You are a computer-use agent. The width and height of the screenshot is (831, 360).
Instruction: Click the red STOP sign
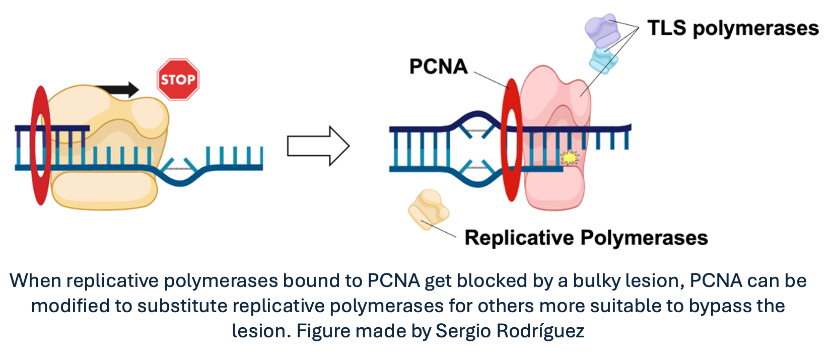point(178,80)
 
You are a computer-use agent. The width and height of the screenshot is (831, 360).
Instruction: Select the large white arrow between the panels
point(318,146)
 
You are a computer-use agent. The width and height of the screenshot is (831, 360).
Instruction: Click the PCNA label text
point(438,66)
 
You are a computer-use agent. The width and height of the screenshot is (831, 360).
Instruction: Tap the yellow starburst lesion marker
point(570,158)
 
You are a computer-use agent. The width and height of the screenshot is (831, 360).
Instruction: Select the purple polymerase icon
point(601,30)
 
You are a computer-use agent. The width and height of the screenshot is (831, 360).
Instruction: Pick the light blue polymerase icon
point(603,59)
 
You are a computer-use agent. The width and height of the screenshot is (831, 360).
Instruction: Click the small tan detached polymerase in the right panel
point(428,209)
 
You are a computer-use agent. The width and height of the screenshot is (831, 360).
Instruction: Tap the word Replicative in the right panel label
point(519,238)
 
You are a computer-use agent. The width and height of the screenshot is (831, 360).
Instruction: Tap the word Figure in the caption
point(324,331)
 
